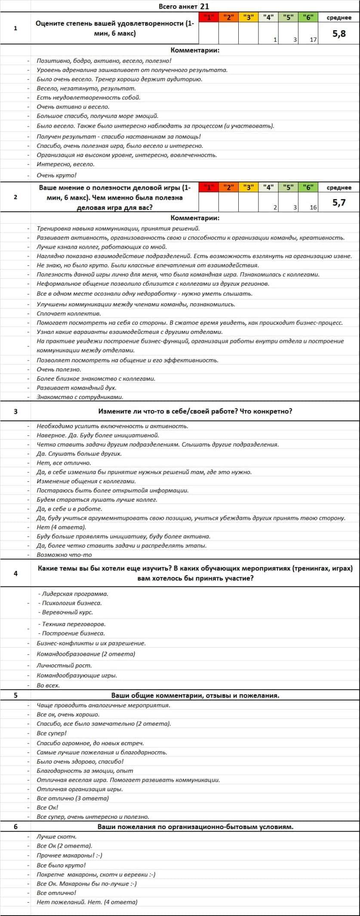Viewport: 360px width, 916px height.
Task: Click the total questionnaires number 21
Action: [205, 6]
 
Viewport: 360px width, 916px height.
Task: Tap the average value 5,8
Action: [339, 34]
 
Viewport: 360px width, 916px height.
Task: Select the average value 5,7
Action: [339, 203]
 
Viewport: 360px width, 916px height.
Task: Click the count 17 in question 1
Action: [313, 40]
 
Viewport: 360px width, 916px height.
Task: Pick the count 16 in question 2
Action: [313, 207]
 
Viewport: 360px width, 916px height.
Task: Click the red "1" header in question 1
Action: [209, 18]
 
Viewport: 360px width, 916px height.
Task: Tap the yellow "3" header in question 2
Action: [248, 188]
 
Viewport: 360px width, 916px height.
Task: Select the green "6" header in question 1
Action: [308, 18]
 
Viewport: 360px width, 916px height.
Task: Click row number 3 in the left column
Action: [15, 411]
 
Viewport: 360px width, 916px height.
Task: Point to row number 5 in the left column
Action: [15, 695]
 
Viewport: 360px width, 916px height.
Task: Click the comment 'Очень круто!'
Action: [56, 175]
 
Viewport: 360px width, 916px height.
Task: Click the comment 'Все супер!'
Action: [52, 733]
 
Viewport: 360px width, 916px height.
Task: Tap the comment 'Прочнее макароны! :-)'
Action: [69, 855]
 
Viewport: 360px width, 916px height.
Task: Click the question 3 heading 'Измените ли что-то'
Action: [195, 411]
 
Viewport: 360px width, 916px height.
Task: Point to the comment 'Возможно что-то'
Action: [64, 555]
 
